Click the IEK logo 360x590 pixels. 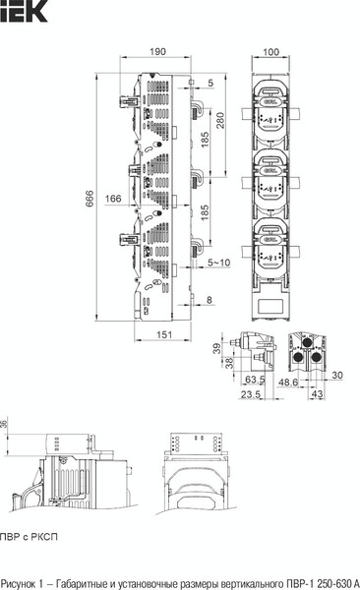point(24,11)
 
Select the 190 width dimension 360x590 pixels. point(157,51)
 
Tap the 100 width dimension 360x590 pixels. point(270,52)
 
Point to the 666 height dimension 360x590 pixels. point(90,199)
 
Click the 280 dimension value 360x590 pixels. point(220,120)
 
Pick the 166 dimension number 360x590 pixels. point(113,199)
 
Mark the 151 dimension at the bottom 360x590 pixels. point(164,334)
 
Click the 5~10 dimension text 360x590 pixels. point(218,263)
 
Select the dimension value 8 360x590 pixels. point(210,300)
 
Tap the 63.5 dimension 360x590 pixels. point(255,379)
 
